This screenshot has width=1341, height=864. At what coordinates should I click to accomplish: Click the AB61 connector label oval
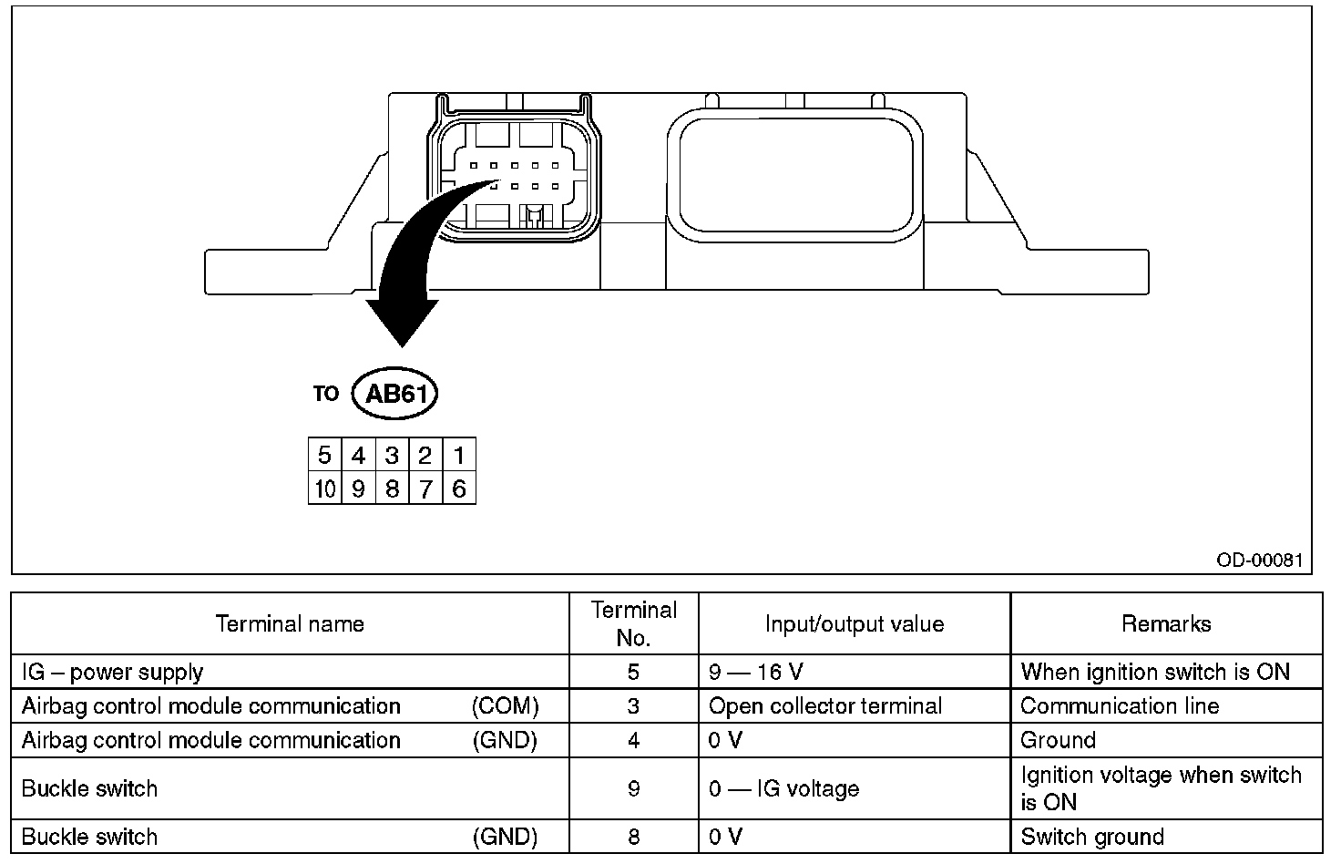(x=395, y=394)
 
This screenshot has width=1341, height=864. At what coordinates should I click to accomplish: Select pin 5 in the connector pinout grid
(x=324, y=455)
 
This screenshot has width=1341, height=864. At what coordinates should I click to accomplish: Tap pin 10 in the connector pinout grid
(x=324, y=489)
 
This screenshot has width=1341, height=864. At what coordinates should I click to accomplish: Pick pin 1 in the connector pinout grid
(x=459, y=455)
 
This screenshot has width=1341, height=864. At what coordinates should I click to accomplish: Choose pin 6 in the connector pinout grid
(x=459, y=489)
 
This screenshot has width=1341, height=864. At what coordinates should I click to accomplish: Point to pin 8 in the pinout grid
(x=392, y=489)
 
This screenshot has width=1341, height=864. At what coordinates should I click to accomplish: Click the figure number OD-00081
(x=1259, y=559)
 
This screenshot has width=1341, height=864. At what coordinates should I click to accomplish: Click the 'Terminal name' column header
(x=290, y=624)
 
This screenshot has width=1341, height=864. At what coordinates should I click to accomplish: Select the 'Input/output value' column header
(x=855, y=624)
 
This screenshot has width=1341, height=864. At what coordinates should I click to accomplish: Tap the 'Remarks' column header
(x=1166, y=624)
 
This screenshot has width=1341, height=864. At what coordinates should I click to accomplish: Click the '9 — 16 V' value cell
(x=756, y=673)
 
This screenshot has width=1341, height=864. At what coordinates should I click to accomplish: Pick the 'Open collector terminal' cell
(x=825, y=706)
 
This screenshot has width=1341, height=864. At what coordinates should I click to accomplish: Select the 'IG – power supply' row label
(x=113, y=673)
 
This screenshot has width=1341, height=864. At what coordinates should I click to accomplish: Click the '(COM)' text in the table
(x=505, y=706)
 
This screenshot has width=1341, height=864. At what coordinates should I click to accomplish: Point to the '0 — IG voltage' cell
(x=783, y=788)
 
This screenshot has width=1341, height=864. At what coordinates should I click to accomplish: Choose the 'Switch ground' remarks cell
(x=1092, y=837)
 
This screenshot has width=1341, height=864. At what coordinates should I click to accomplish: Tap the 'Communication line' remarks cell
(x=1120, y=706)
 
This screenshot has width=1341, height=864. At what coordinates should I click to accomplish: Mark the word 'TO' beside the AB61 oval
(x=325, y=394)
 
